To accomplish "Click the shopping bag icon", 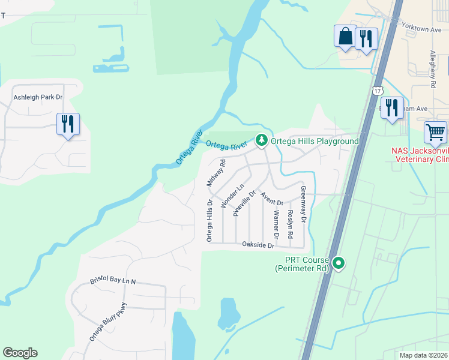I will pos(346,36).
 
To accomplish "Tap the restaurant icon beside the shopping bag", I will pos(366,39).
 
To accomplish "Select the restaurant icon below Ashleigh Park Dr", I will pos(68,124).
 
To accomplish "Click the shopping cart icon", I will pos(435,131).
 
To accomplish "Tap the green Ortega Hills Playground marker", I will pos(261,140).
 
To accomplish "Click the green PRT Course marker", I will pos(339,263).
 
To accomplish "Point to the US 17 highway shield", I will pos(376,91).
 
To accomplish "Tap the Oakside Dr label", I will pos(258,245).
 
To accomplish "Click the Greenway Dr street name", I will pos(303,205).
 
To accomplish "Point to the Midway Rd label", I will pos(215,172).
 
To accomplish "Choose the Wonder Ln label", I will pos(231,196).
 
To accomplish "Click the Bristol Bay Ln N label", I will pos(113,281).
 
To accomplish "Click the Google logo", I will pos(20,353).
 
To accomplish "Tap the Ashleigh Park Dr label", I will pos(38,97).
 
